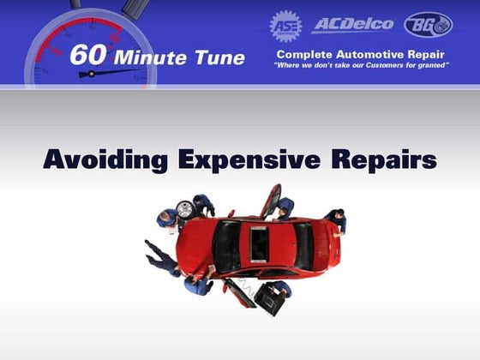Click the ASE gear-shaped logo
pyautogui.click(x=285, y=25)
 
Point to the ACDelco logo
pyautogui.click(x=352, y=24)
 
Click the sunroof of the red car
pyautogui.click(x=257, y=245)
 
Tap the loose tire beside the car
pyautogui.click(x=184, y=209)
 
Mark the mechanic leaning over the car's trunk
pyautogui.click(x=335, y=220)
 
